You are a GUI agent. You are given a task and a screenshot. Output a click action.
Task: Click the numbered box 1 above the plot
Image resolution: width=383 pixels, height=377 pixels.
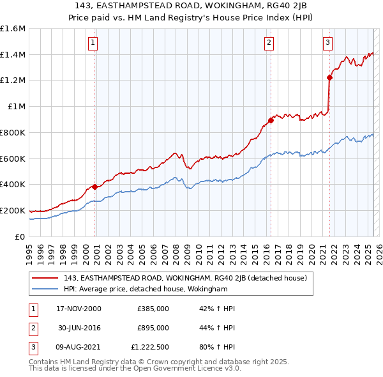(x=93, y=43)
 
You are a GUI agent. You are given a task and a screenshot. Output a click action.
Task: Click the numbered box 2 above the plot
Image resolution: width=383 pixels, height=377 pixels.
(x=269, y=43)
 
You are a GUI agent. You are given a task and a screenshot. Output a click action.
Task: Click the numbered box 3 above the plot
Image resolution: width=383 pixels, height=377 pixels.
(x=327, y=43)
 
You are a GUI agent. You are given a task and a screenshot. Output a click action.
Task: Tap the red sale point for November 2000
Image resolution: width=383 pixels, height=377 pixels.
(x=95, y=187)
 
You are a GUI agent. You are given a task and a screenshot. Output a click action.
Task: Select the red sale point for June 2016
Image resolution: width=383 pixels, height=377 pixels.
(x=271, y=119)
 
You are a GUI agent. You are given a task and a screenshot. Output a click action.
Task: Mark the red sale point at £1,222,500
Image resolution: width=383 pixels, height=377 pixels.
(x=330, y=77)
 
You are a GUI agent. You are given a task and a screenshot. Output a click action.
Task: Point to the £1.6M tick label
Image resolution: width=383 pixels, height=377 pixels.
(x=13, y=29)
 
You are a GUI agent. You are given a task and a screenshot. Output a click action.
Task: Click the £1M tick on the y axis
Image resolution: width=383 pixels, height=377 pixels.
(x=17, y=107)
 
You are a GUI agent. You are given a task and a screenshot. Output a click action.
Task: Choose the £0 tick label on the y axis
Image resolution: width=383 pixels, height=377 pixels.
(x=20, y=236)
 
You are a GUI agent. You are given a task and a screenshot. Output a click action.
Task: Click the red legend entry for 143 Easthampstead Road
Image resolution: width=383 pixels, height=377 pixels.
(x=186, y=278)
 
